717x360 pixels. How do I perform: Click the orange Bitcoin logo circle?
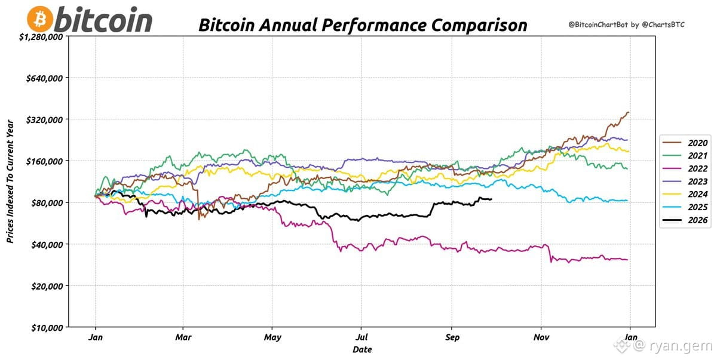(x=40, y=19)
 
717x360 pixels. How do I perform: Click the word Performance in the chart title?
(x=374, y=25)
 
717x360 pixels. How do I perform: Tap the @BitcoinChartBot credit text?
(x=598, y=24)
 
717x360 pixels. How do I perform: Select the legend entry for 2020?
(x=685, y=143)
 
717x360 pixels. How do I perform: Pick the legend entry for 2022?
(x=685, y=168)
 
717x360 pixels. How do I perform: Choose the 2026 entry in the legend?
(x=685, y=220)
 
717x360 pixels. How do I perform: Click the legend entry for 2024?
(x=685, y=194)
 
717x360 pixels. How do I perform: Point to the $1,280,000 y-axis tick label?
(x=41, y=37)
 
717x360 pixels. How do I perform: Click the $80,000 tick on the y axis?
(x=47, y=203)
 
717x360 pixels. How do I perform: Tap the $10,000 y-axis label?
(x=47, y=328)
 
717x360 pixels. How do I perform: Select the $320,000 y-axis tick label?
(x=44, y=120)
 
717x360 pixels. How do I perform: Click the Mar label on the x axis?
(x=183, y=337)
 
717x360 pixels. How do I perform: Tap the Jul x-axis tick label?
(x=361, y=337)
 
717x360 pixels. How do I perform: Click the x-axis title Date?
(x=362, y=349)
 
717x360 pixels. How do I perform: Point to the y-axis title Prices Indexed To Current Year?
(x=10, y=181)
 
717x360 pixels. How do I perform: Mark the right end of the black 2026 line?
(x=492, y=199)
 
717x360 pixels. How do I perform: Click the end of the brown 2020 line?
(x=629, y=112)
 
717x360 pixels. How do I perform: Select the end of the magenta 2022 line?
(x=627, y=260)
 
